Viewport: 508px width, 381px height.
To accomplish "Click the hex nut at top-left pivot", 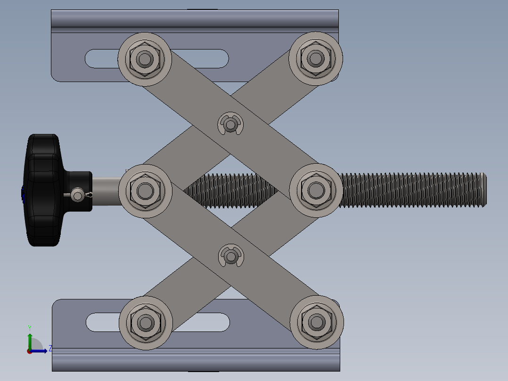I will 145,59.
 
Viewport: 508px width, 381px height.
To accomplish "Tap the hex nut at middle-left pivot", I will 145,190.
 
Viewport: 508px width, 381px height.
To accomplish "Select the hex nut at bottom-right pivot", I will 316,322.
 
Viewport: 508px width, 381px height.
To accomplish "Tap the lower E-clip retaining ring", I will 231,256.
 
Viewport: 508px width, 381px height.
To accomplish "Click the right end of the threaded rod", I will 483,190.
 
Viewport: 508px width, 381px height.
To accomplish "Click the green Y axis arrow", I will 30,339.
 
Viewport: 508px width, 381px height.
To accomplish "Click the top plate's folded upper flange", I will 195,19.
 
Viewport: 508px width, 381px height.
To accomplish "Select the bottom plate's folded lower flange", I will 196,362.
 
